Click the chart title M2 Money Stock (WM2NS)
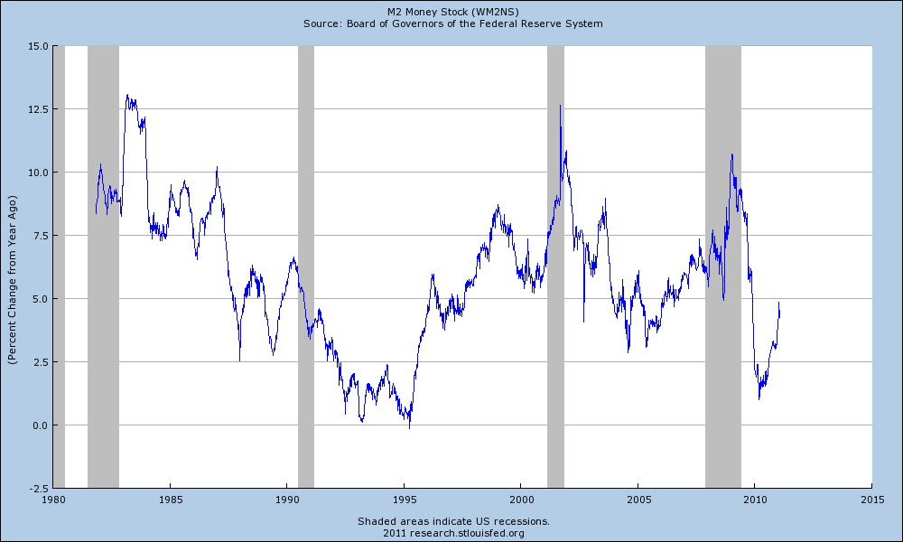point(451,12)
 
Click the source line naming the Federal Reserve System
point(451,23)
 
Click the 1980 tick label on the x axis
point(53,499)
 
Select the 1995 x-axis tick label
point(405,499)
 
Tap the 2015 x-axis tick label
point(871,499)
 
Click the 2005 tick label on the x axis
point(638,499)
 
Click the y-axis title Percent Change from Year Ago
point(12,266)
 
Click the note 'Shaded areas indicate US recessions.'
point(452,521)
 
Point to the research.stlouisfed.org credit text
point(452,533)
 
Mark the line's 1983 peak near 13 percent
point(127,95)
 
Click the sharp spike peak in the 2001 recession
point(560,106)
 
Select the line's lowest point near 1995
point(409,427)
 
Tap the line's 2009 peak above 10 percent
point(731,154)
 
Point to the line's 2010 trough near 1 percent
point(759,397)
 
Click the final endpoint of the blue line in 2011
point(779,304)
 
